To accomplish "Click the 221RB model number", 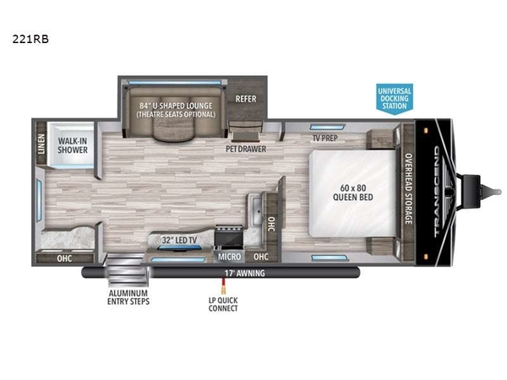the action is click(x=30, y=39).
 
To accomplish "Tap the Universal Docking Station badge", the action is click(x=395, y=99).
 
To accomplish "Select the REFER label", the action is click(x=246, y=99).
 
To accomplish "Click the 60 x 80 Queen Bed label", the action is click(x=352, y=193).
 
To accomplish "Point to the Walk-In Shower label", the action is click(x=73, y=145).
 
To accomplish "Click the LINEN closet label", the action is click(x=41, y=144).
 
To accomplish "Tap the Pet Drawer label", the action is click(x=246, y=149).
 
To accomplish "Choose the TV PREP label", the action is click(x=325, y=138).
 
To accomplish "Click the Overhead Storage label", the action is click(x=409, y=188).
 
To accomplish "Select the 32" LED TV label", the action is click(x=179, y=240).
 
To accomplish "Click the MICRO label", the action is click(x=229, y=257).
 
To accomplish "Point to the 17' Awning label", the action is click(x=245, y=274).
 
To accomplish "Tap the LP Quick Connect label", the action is click(x=223, y=304).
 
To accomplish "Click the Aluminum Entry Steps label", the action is click(x=128, y=297).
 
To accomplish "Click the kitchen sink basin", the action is click(x=258, y=211).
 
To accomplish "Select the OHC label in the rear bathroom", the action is click(x=64, y=258).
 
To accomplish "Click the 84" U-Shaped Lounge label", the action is click(x=176, y=106).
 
